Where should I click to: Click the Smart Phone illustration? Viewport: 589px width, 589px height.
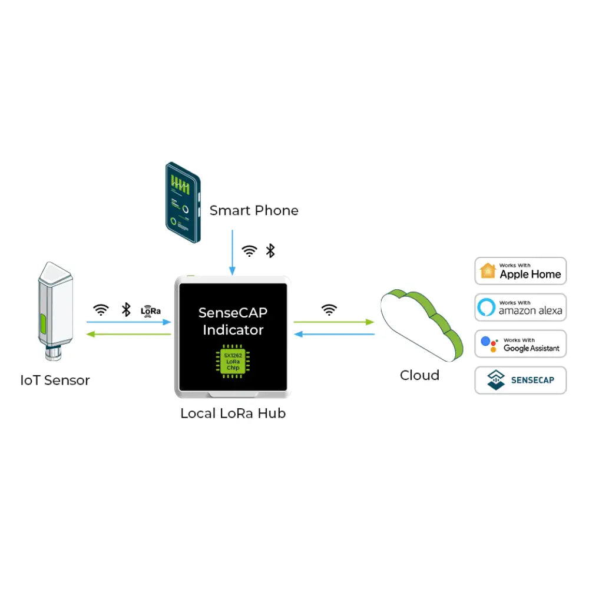click(182, 203)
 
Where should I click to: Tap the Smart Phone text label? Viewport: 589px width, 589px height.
click(254, 210)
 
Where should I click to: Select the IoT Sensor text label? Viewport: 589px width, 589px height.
click(55, 380)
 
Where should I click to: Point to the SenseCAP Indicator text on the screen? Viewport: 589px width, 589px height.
click(233, 322)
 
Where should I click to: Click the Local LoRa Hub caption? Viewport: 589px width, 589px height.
click(233, 413)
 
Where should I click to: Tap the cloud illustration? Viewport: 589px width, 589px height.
click(420, 324)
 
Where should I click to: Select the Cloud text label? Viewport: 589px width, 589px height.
click(419, 375)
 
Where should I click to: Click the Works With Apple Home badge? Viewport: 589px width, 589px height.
click(521, 272)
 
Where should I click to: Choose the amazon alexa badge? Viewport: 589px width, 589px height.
click(521, 307)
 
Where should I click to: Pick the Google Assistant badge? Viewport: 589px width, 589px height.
click(521, 344)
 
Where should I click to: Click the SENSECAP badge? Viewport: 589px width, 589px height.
click(521, 380)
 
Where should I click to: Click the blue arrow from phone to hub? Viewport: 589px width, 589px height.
click(232, 253)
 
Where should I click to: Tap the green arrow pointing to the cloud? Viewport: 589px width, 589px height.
click(333, 322)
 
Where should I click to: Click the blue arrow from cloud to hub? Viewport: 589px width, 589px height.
click(333, 334)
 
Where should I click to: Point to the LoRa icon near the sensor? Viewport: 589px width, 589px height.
click(151, 311)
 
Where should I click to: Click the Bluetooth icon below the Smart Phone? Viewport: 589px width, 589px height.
click(270, 251)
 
